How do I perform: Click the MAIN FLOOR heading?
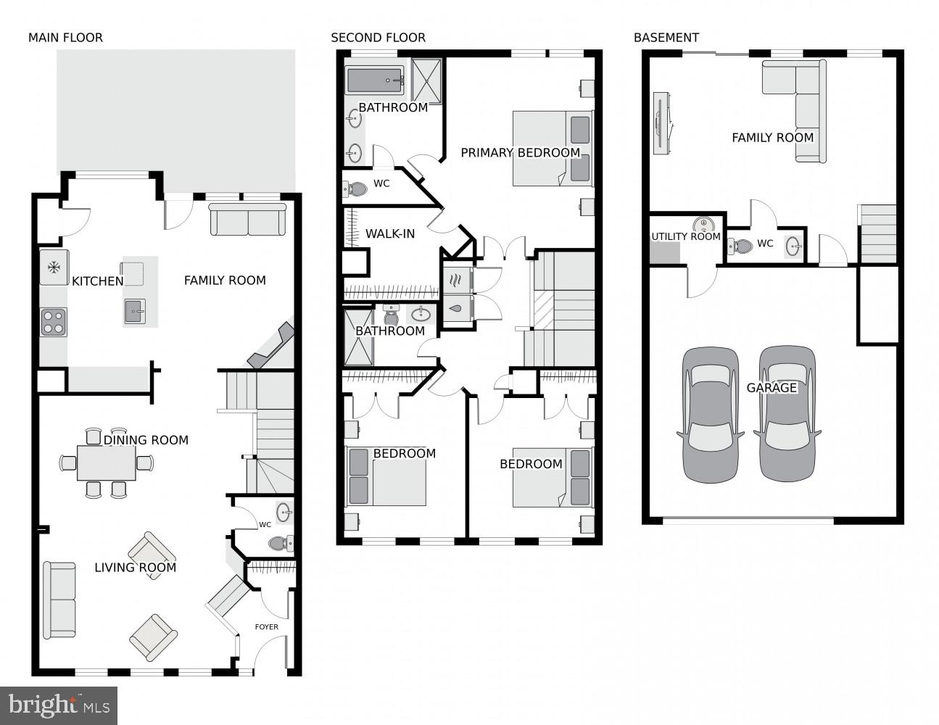pyautogui.click(x=65, y=38)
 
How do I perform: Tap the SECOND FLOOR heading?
pyautogui.click(x=378, y=38)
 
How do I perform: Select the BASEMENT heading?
pyautogui.click(x=666, y=38)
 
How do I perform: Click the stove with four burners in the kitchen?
pyautogui.click(x=54, y=321)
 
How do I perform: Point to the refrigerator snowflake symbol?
pyautogui.click(x=54, y=268)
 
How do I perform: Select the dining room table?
pyautogui.click(x=107, y=463)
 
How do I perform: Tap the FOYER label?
pyautogui.click(x=266, y=627)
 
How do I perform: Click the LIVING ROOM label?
pyautogui.click(x=135, y=568)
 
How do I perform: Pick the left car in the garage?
pyautogui.click(x=711, y=415)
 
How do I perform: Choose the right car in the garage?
pyautogui.click(x=787, y=415)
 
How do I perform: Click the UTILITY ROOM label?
pyautogui.click(x=685, y=237)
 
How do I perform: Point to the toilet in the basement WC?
pyautogui.click(x=741, y=246)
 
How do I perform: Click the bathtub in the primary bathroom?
pyautogui.click(x=374, y=80)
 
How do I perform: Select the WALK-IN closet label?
pyautogui.click(x=389, y=234)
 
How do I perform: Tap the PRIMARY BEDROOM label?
pyautogui.click(x=520, y=153)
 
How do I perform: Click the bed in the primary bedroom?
pyautogui.click(x=552, y=149)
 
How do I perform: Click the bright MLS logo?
pyautogui.click(x=59, y=705)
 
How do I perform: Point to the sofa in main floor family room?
pyautogui.click(x=248, y=220)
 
